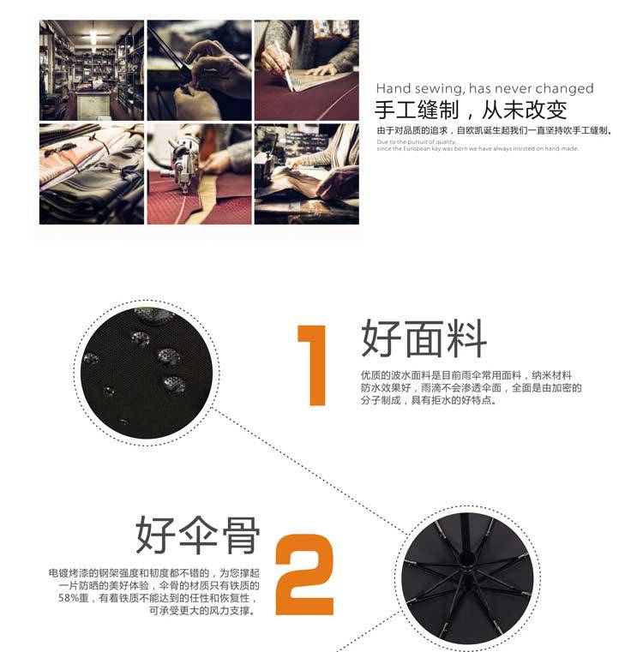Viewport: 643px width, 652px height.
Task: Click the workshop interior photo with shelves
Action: pyautogui.click(x=91, y=70)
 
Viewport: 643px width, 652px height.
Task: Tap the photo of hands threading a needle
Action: pyautogui.click(x=199, y=70)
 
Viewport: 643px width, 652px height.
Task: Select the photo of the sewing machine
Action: pyautogui.click(x=199, y=174)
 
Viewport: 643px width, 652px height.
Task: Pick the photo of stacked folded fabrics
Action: pyautogui.click(x=91, y=174)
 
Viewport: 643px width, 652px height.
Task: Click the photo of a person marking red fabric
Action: pyautogui.click(x=307, y=70)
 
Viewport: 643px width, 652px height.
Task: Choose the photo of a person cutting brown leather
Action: pyautogui.click(x=307, y=174)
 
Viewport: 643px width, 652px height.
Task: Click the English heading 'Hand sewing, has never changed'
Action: pyautogui.click(x=484, y=88)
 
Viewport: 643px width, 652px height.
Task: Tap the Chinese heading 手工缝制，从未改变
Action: pyautogui.click(x=471, y=111)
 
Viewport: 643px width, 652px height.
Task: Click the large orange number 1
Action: pyautogui.click(x=312, y=364)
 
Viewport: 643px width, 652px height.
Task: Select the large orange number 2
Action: pyautogui.click(x=305, y=573)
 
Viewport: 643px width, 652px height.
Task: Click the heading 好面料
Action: pyautogui.click(x=424, y=338)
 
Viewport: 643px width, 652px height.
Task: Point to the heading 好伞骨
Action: pyautogui.click(x=197, y=535)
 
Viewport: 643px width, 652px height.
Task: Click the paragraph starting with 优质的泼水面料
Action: pyautogui.click(x=471, y=388)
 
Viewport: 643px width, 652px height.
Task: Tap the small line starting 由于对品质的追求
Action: pyautogui.click(x=493, y=130)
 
